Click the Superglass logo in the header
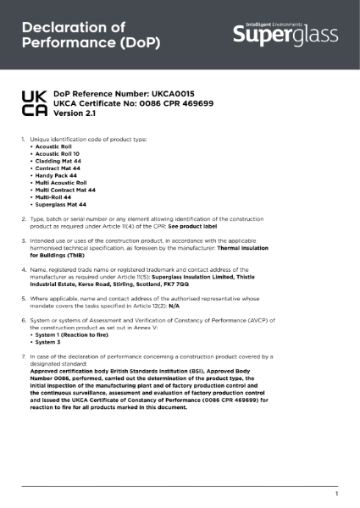[285, 35]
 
